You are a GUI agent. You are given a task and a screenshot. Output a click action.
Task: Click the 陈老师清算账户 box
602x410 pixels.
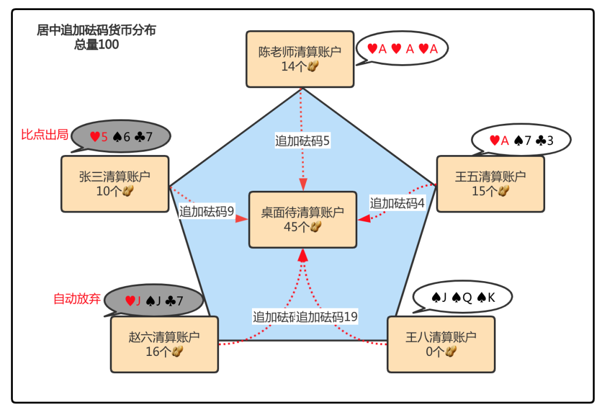click(x=300, y=59)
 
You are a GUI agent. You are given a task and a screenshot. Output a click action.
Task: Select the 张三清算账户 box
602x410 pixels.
click(x=115, y=184)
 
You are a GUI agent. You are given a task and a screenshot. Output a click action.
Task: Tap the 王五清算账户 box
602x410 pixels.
click(x=490, y=184)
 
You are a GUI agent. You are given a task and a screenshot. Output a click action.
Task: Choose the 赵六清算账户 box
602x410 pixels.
click(x=164, y=344)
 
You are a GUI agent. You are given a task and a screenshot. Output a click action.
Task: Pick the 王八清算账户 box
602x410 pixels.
click(x=440, y=344)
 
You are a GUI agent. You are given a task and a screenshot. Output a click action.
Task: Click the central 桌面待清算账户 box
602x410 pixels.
click(x=302, y=219)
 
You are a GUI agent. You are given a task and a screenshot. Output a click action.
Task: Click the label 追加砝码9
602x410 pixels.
click(x=206, y=211)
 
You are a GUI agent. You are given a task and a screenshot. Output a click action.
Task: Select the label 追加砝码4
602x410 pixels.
click(x=397, y=203)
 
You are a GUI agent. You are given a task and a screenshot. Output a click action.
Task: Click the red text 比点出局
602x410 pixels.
click(x=45, y=134)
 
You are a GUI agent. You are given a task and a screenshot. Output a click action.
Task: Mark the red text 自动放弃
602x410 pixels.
click(x=77, y=298)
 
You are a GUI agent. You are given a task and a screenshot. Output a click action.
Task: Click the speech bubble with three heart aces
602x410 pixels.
click(x=402, y=49)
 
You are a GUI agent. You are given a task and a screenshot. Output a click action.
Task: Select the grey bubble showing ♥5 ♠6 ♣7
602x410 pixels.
click(x=121, y=136)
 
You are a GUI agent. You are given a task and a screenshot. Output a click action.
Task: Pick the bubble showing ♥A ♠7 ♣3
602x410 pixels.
click(x=521, y=140)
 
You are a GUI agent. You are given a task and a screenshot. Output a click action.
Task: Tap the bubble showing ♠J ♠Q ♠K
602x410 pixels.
click(x=463, y=298)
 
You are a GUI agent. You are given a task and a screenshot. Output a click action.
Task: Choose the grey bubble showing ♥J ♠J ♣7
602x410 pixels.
click(x=154, y=301)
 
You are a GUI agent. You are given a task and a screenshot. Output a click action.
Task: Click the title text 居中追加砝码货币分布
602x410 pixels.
click(x=96, y=31)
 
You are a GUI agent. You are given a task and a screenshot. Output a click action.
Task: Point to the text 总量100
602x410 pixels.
click(x=96, y=45)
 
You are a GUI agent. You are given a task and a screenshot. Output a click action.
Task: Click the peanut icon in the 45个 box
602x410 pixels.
click(x=316, y=226)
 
